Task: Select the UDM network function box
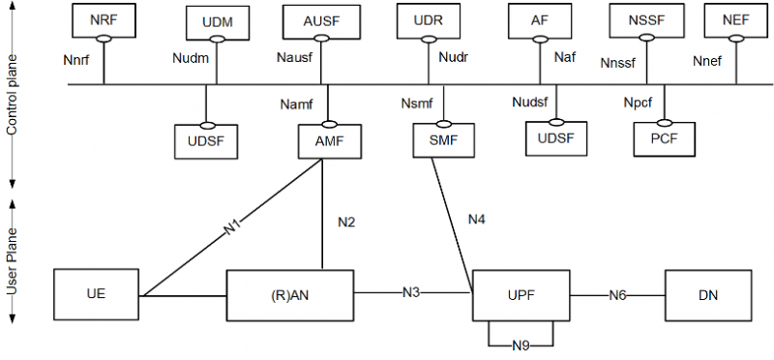(216, 21)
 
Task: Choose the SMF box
(443, 140)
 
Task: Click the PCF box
(665, 140)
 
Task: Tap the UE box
(97, 294)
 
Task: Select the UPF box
(521, 294)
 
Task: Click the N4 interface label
(478, 221)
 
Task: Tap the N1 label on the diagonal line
(232, 230)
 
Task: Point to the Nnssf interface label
(619, 66)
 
